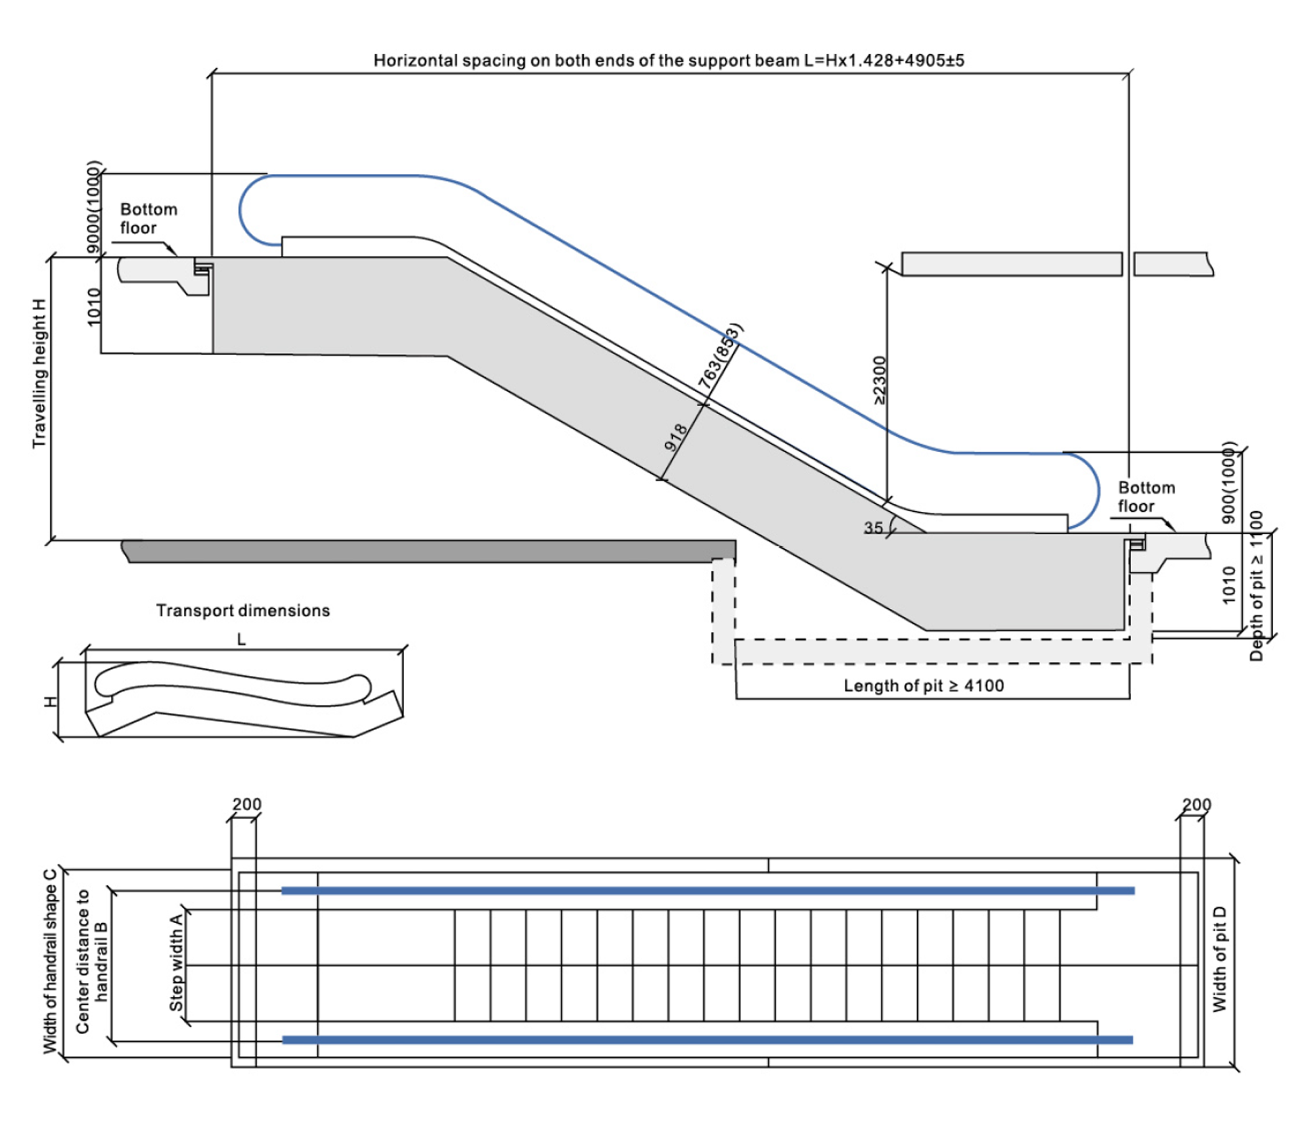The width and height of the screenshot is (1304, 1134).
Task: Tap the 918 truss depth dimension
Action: [676, 437]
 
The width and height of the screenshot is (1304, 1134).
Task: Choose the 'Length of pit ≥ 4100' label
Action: [924, 686]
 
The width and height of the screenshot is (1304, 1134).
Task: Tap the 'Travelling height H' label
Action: [39, 374]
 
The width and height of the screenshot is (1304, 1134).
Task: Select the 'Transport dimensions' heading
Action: [243, 611]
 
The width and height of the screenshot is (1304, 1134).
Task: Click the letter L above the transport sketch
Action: [241, 640]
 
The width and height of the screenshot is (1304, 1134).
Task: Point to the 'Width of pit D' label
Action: [1219, 959]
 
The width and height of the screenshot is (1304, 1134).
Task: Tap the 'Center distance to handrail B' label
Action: [92, 961]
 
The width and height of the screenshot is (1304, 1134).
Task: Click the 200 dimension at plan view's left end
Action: [247, 804]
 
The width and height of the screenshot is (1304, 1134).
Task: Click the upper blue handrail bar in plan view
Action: [708, 891]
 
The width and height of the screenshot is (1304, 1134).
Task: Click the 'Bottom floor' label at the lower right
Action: [1147, 497]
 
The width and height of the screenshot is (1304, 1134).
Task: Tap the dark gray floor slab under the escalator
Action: [428, 551]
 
